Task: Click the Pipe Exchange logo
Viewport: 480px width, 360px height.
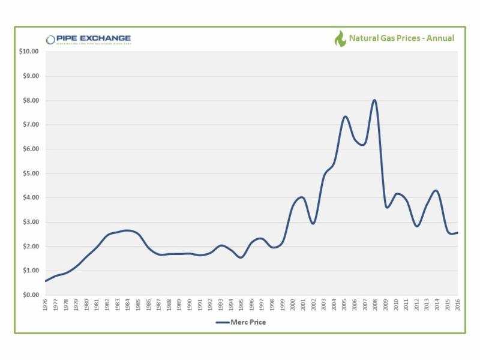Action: pos(88,40)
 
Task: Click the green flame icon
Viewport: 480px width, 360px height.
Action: pos(340,39)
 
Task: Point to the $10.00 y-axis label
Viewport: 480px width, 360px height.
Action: pos(29,52)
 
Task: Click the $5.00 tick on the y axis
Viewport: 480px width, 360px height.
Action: pos(30,173)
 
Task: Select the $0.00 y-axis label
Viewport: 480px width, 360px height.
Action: pos(30,295)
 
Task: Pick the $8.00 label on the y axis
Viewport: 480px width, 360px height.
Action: pos(30,100)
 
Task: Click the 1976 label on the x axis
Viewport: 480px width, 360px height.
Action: pos(46,305)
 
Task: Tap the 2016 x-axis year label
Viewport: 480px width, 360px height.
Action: pos(458,305)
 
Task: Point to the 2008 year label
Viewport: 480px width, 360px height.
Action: pos(375,305)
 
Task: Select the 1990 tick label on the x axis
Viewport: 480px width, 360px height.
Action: pos(190,305)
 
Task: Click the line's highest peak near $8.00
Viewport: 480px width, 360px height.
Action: pos(374,100)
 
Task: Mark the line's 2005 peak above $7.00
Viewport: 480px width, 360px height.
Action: pos(345,116)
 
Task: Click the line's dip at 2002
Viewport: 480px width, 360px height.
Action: pos(313,223)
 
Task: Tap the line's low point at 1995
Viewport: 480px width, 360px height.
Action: pos(241,257)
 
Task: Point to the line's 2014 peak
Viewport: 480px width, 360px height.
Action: pos(436,191)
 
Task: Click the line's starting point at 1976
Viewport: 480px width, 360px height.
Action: pos(46,281)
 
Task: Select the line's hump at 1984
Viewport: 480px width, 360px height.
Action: pos(127,230)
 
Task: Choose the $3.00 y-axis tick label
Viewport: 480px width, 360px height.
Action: pos(30,222)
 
